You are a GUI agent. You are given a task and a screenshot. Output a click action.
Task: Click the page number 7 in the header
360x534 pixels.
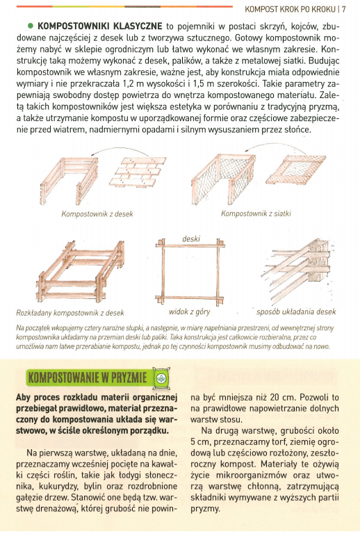point(343,9)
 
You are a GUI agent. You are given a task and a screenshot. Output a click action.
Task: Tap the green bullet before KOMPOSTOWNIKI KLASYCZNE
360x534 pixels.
point(31,26)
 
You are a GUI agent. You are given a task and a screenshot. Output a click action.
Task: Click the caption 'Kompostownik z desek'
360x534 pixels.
point(97,214)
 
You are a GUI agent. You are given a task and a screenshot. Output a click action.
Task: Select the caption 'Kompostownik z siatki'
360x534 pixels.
point(256,213)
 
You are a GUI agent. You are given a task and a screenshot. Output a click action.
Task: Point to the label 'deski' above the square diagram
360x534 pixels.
point(191,238)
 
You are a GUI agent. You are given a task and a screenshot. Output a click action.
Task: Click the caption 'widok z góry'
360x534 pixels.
point(190,311)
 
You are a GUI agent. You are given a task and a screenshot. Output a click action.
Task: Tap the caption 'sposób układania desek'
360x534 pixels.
point(296,311)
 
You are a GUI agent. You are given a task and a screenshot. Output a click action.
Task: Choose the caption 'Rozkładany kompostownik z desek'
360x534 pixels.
point(70,313)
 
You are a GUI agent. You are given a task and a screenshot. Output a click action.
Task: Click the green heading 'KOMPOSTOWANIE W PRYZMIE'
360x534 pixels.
point(88,378)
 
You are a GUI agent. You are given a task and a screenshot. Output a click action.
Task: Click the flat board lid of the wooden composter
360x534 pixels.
point(140,171)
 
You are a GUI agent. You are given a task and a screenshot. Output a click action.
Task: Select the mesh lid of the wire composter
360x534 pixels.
point(296,169)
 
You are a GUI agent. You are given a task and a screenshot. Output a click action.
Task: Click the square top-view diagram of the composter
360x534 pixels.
point(190,271)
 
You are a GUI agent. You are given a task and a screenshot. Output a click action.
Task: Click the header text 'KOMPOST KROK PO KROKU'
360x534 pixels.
point(291,9)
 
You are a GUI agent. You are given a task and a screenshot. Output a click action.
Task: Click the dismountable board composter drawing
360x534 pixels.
point(81,271)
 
